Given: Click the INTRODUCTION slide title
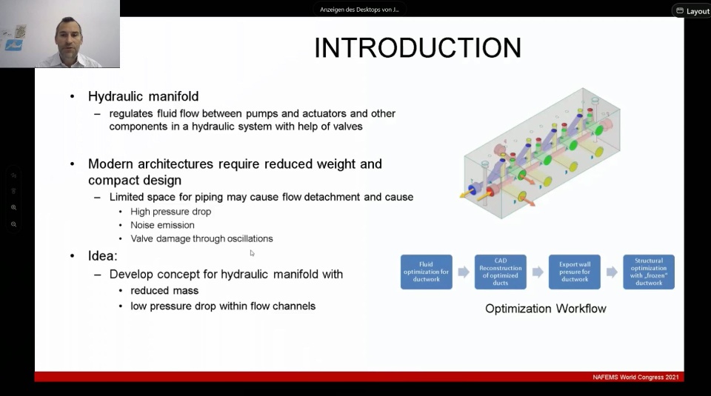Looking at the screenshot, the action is tap(418, 48).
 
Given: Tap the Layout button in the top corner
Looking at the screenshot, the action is tap(692, 11).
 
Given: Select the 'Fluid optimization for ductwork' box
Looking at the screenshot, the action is tap(427, 272).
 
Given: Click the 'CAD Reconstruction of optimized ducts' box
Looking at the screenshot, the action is tap(501, 272).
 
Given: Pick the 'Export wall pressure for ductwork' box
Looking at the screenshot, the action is tap(575, 272).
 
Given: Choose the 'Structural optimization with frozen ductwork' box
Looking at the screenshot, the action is tap(649, 272).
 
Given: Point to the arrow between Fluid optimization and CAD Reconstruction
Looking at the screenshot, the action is tap(464, 272).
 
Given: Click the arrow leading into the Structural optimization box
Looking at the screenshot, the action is tap(612, 272).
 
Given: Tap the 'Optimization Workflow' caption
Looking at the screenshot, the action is tap(546, 309).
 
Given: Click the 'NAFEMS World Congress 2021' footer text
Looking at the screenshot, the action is tap(635, 377).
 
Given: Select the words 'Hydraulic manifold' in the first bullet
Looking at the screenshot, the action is tap(143, 96).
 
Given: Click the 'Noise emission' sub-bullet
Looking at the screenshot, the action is tap(162, 225).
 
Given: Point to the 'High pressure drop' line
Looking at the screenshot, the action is tap(171, 212).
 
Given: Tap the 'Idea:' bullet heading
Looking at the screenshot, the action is tap(102, 256).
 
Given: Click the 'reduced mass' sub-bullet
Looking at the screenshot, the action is tap(164, 290).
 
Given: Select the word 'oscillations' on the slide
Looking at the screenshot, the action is tap(250, 239).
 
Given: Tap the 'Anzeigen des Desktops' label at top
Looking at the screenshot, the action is tap(360, 10).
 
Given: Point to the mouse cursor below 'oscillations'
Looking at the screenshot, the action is tap(252, 253).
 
